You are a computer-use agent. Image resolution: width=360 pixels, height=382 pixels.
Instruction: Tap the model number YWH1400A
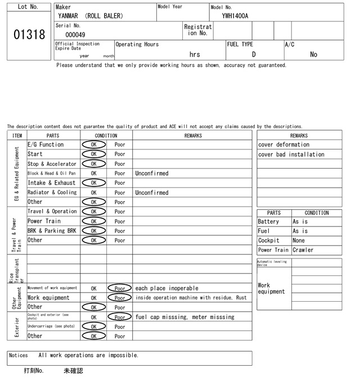[235, 16]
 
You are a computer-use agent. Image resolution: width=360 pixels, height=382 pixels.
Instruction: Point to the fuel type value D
[254, 54]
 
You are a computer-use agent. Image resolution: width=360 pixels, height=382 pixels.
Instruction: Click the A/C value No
[313, 54]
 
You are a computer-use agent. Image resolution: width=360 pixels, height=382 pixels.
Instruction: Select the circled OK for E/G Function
[94, 144]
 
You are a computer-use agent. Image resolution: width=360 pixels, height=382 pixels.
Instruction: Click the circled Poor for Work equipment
[120, 298]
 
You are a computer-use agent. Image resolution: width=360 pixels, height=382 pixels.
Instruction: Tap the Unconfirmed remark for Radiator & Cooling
[151, 192]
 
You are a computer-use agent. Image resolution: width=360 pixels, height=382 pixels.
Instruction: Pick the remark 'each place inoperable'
[166, 288]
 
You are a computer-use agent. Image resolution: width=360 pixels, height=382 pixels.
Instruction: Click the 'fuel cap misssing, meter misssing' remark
[184, 317]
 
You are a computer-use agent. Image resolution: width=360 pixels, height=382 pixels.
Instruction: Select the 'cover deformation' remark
[283, 144]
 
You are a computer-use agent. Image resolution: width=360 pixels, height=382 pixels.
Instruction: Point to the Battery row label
[268, 222]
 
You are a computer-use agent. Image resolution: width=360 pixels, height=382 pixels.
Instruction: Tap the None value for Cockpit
[299, 240]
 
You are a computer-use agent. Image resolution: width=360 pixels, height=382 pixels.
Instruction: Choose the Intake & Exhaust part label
[52, 183]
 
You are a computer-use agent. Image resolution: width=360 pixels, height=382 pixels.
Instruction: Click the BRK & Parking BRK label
[52, 230]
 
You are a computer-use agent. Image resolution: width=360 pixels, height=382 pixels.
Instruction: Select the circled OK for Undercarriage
[94, 326]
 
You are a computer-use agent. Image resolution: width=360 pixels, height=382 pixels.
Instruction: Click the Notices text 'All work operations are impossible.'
[88, 355]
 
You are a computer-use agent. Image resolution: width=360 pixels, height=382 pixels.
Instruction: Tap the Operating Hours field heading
[137, 44]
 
